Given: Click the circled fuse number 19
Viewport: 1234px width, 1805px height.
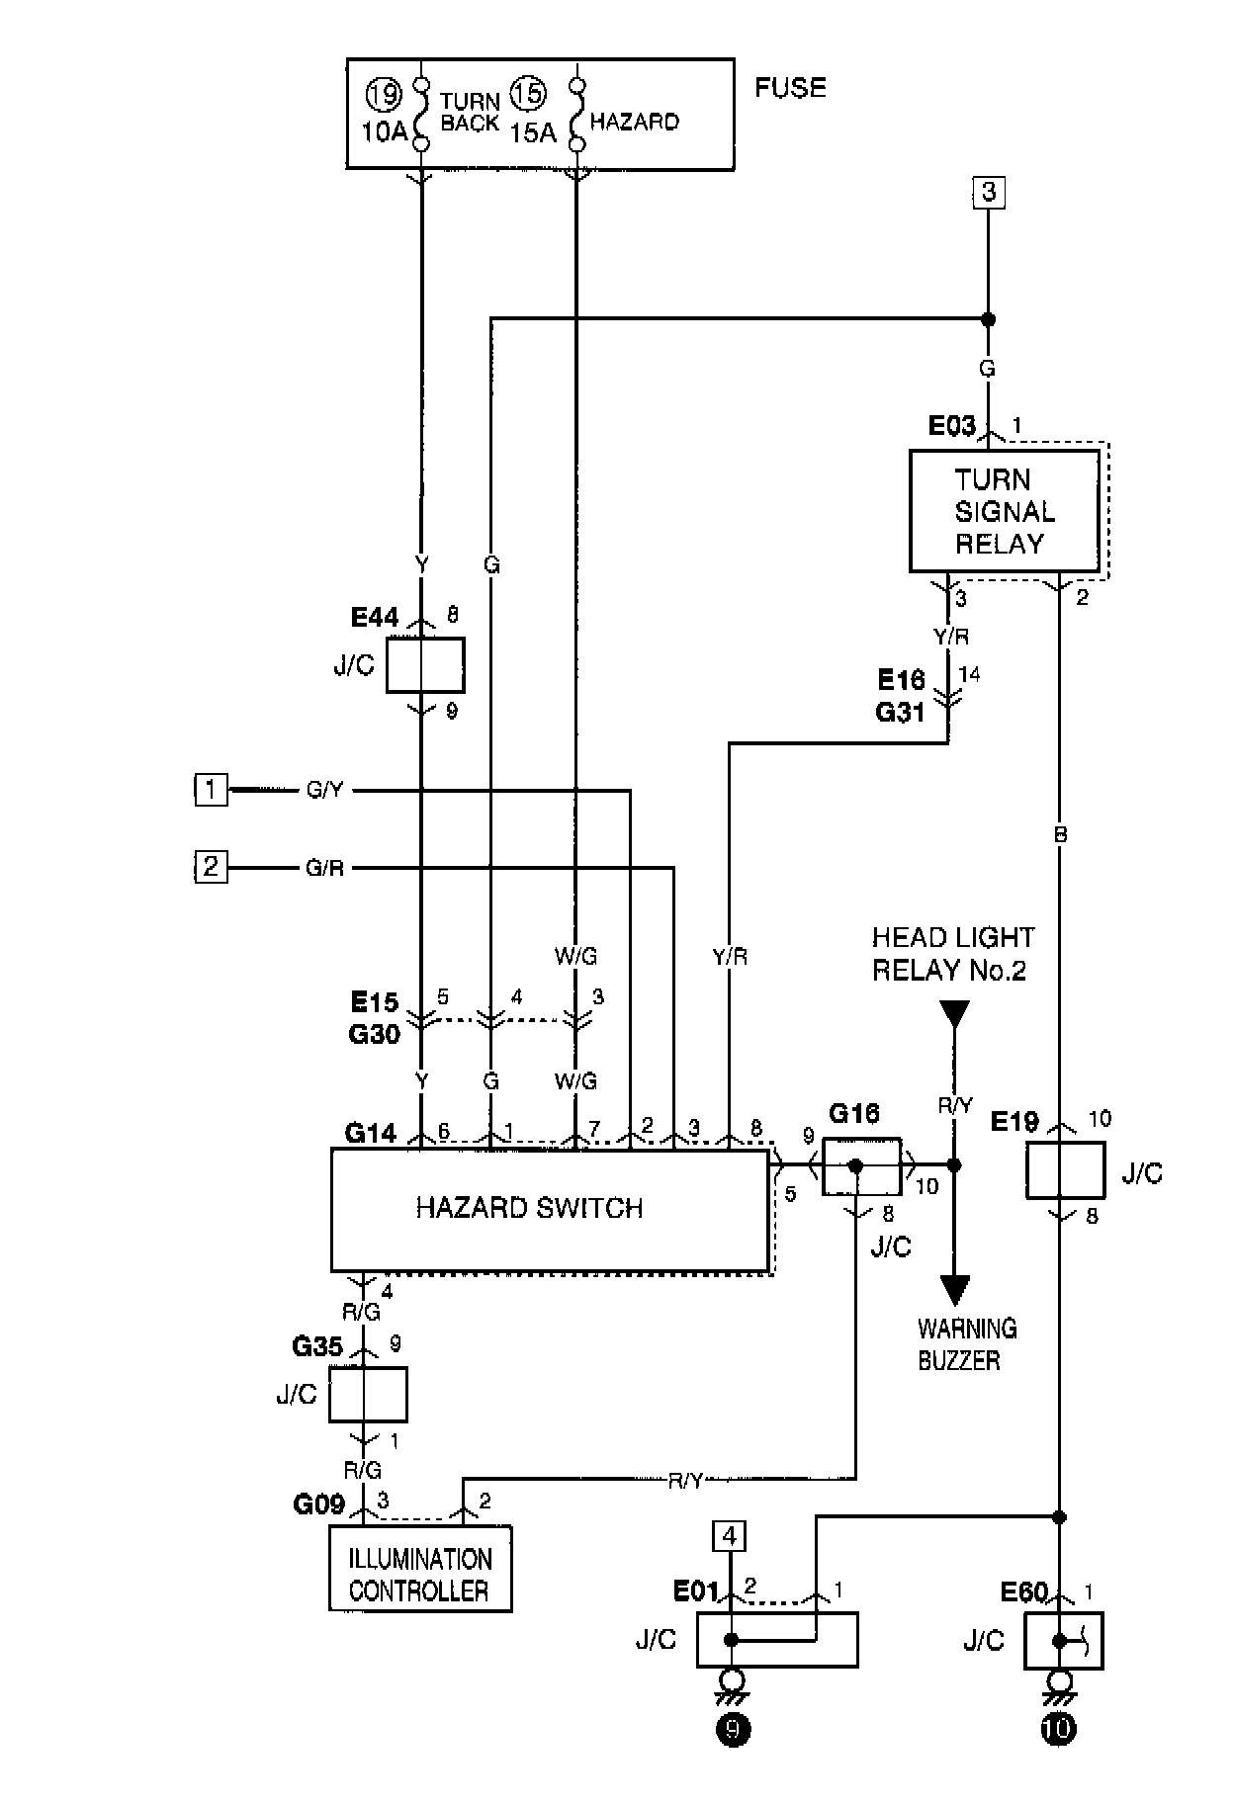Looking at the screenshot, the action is click(x=384, y=96).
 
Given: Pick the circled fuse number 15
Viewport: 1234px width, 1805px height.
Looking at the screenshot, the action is click(x=527, y=95).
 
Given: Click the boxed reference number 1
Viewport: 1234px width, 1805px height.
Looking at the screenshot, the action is click(x=210, y=790).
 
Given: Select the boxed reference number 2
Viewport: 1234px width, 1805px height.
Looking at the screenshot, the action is click(x=210, y=868).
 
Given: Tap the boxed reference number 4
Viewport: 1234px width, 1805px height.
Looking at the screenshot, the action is click(x=730, y=1537).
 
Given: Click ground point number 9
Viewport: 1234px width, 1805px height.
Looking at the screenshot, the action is click(x=733, y=1730).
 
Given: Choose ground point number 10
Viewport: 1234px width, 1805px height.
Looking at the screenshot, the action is click(x=1058, y=1730).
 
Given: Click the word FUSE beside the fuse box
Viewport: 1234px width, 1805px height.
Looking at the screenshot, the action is click(x=790, y=88).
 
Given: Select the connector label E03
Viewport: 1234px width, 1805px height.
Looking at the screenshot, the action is click(x=951, y=426).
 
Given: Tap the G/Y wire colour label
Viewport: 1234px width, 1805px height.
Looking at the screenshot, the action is click(x=324, y=791).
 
